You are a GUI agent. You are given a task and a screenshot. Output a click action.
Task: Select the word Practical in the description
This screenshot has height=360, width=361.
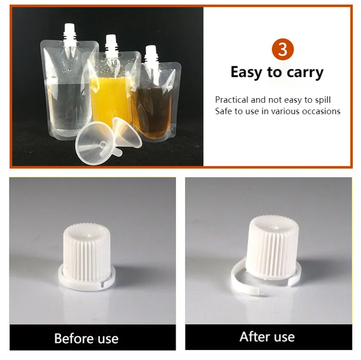tap(232, 100)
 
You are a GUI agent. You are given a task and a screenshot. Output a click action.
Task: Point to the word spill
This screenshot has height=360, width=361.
tap(322, 100)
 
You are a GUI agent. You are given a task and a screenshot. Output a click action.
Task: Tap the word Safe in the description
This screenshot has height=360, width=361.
tap(224, 111)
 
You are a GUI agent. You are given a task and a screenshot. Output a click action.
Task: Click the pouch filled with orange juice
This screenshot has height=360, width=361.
tap(108, 98)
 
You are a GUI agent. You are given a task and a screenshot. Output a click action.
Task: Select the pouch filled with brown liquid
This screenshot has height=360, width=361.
tap(153, 105)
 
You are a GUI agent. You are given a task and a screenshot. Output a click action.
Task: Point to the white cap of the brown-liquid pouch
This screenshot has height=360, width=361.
tap(151, 53)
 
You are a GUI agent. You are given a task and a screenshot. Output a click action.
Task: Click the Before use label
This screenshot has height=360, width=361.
tap(86, 339)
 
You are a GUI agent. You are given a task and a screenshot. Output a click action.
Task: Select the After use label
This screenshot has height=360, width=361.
tap(267, 337)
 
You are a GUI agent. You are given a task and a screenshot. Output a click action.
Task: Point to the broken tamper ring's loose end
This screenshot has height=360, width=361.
tap(259, 291)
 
